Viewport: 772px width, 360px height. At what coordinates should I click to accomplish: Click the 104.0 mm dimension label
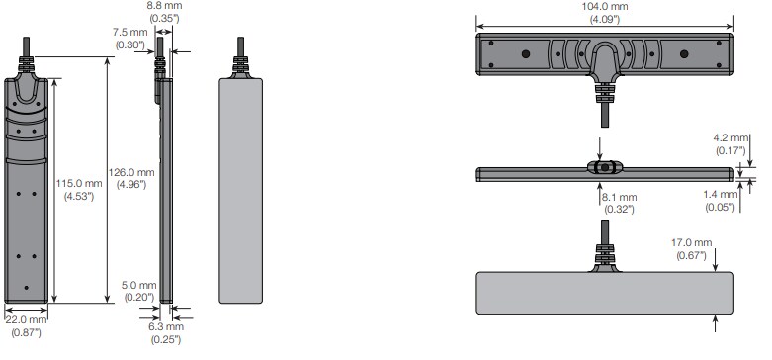click(604, 7)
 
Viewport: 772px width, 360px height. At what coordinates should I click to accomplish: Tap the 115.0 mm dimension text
click(80, 183)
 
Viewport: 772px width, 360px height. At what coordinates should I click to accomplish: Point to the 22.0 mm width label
click(25, 319)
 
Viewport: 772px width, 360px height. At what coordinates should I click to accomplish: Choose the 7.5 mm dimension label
click(129, 31)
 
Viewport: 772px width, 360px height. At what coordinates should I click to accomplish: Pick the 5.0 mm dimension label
click(139, 286)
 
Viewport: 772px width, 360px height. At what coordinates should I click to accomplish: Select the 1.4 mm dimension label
click(723, 196)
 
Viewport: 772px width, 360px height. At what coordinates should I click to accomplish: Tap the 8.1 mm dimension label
click(619, 197)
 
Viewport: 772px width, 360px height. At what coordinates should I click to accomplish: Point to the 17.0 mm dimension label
click(691, 242)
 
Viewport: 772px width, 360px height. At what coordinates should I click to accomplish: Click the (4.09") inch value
click(604, 19)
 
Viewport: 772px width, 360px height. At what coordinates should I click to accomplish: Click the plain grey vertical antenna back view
click(240, 188)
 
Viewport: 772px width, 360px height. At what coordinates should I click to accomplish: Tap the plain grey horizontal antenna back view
click(604, 293)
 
